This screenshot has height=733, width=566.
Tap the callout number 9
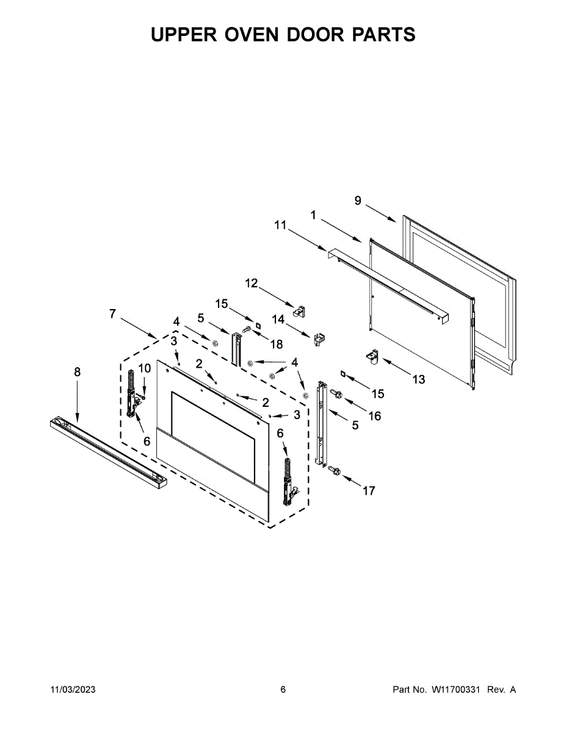click(x=358, y=200)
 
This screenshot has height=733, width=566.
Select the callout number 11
click(x=280, y=225)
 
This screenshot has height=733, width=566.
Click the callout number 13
click(x=418, y=379)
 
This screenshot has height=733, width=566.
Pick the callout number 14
click(x=278, y=319)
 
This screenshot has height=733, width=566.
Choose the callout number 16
click(x=374, y=416)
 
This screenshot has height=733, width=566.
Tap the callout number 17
click(x=369, y=490)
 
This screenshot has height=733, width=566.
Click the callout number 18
click(x=277, y=345)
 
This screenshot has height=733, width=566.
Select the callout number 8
click(x=77, y=371)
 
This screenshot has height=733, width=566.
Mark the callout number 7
click(x=112, y=314)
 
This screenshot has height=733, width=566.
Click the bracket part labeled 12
click(x=299, y=312)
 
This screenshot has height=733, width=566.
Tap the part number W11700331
click(x=457, y=690)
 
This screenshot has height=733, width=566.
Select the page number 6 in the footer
click(x=283, y=690)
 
